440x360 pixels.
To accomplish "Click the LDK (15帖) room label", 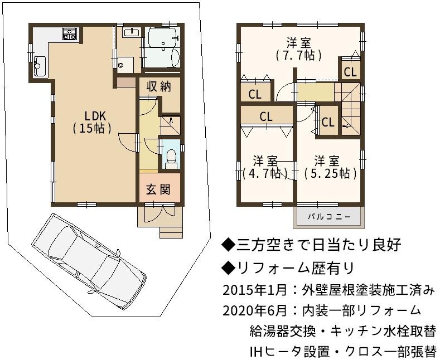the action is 92,122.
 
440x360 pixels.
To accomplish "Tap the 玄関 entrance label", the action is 158,190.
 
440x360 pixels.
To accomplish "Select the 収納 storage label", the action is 159,86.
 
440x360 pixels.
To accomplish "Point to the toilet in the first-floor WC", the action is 171,159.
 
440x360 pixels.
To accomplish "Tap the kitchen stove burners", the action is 69,33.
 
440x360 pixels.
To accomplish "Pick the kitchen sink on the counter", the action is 40,66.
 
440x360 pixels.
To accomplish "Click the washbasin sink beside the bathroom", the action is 132,32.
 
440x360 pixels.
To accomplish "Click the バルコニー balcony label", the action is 329,217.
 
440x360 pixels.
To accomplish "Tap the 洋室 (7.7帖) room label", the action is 298,50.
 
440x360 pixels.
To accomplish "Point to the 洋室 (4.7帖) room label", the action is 265,168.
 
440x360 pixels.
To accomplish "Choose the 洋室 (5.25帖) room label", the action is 330,167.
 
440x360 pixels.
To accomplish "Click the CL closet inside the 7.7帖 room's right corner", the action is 350,72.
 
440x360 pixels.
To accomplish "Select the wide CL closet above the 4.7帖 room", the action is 266,116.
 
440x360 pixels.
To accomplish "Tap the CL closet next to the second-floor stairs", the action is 328,122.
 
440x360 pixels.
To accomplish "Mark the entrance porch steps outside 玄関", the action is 171,232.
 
